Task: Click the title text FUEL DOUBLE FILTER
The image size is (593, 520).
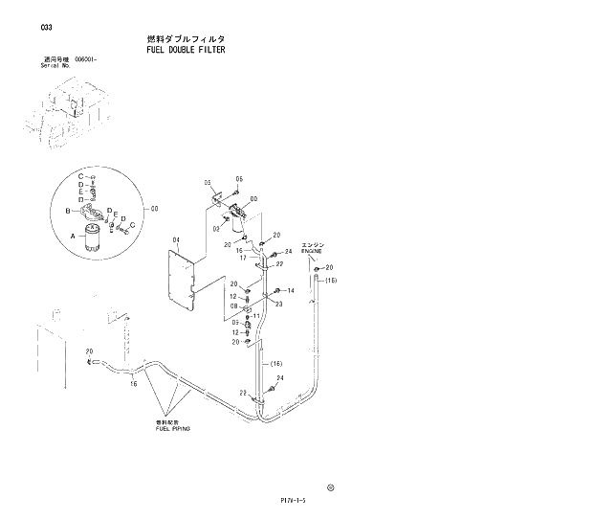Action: pos(187,49)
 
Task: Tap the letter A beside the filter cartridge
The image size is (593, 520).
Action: pos(72,233)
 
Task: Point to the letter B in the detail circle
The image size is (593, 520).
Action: pos(67,210)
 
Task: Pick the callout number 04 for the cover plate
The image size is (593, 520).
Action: pos(176,239)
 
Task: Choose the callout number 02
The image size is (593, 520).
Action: pos(215,229)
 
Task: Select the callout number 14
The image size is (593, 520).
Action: pos(290,290)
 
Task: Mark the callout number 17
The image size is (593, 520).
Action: pos(243,258)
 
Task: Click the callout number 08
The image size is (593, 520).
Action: pos(232,307)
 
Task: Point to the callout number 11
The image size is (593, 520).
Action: pos(256,315)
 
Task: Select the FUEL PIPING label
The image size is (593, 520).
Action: pos(173,429)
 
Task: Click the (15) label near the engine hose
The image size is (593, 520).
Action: pos(331,281)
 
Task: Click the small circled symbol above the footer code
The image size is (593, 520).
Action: pos(331,486)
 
